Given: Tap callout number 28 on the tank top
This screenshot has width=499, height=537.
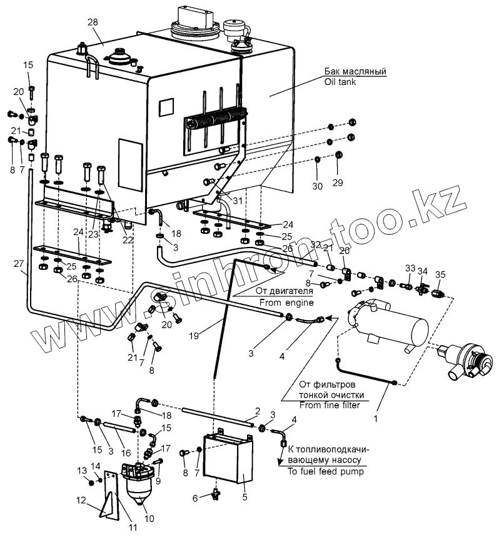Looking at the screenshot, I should [x=93, y=23].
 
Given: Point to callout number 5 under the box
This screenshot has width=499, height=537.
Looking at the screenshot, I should [x=245, y=498].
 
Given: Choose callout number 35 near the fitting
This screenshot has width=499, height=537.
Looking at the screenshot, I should [x=441, y=274].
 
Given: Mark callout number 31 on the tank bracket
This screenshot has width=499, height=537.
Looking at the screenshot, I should [x=220, y=200].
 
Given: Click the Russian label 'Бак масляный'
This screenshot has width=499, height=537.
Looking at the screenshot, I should [x=356, y=71].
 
